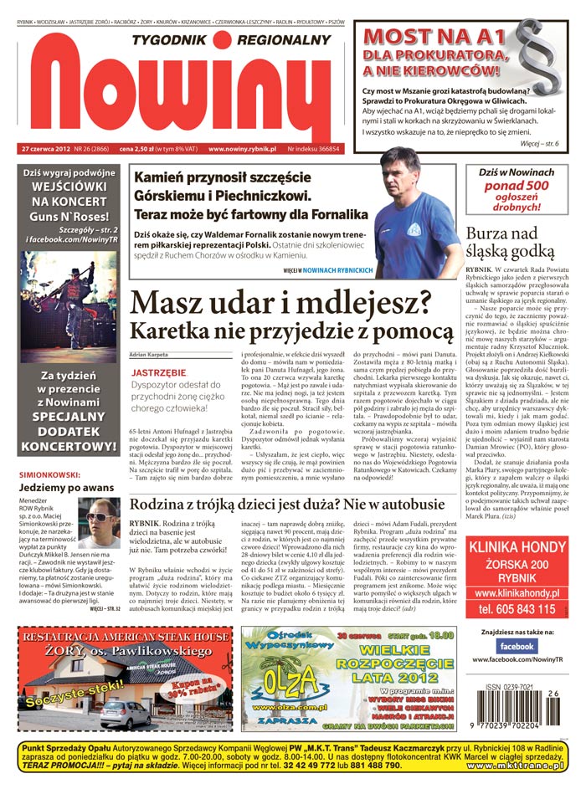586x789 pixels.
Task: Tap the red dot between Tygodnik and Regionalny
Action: point(221,40)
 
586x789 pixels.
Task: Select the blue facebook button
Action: point(517,646)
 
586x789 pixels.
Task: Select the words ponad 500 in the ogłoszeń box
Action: point(516,187)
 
